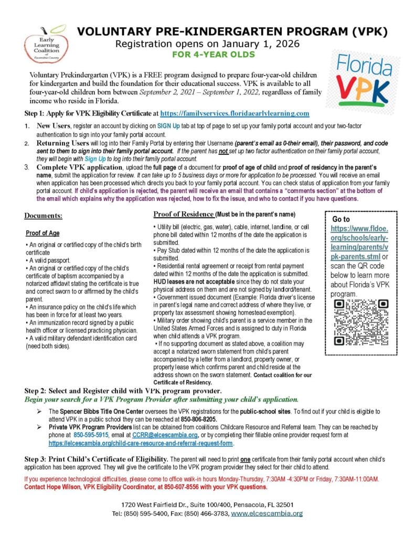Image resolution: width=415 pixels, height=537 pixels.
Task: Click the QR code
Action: [x=354, y=322]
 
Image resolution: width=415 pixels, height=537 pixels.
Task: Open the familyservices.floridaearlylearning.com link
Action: [x=235, y=113]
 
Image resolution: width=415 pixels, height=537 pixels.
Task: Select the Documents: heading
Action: [x=43, y=216]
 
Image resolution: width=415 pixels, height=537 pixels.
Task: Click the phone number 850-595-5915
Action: [x=91, y=435]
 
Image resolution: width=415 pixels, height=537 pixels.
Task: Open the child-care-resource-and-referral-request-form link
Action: [x=141, y=443]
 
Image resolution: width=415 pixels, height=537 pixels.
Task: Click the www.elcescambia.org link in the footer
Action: [x=267, y=513]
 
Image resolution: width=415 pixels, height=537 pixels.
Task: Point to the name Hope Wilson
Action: [x=60, y=487]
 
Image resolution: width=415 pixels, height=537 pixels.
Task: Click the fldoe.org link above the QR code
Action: [x=359, y=243]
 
